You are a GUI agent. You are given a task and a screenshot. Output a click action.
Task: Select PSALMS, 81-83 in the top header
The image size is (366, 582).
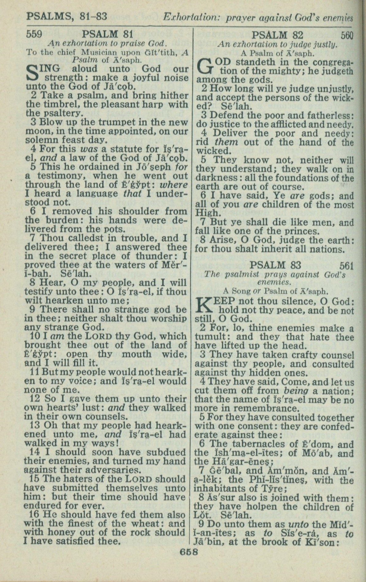tap(67, 15)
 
